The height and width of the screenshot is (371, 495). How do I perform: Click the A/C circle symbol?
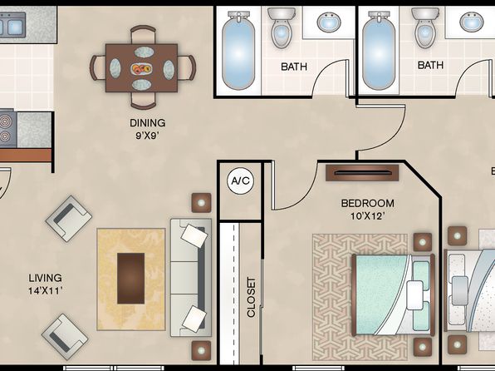[240, 181]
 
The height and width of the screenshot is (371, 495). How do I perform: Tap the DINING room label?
[148, 123]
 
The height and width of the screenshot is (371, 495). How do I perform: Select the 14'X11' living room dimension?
[45, 290]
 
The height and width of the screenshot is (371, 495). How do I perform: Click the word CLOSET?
[251, 297]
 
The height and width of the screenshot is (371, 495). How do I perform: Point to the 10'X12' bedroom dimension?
[368, 216]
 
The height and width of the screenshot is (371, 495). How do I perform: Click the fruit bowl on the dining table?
[141, 69]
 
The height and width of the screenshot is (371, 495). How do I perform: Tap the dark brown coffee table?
[131, 279]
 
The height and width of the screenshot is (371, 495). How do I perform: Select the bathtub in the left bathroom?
[238, 51]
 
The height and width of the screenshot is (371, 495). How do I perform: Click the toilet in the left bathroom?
[281, 27]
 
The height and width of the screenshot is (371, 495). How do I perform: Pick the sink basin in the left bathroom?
[329, 22]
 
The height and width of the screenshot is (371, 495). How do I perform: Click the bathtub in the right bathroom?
[379, 51]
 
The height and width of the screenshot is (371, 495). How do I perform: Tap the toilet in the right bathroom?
[425, 27]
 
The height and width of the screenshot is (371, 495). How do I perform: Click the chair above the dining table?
[144, 34]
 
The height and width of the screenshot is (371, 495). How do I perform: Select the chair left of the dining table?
[97, 67]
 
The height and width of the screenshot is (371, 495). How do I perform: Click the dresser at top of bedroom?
[362, 173]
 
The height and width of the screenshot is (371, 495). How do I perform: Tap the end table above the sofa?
[202, 203]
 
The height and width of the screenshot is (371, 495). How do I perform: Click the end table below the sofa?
[201, 350]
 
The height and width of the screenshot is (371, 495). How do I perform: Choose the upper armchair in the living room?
[69, 219]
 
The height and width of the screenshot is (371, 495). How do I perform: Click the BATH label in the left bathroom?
[294, 67]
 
